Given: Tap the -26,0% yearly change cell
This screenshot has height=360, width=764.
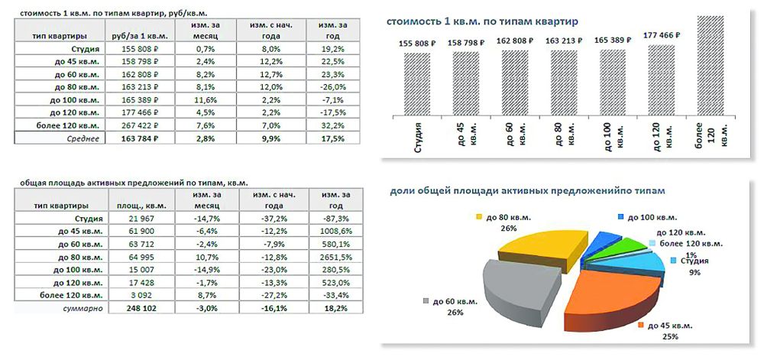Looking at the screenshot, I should coord(328,87).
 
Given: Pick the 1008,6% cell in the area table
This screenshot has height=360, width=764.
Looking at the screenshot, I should coord(328,230).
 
